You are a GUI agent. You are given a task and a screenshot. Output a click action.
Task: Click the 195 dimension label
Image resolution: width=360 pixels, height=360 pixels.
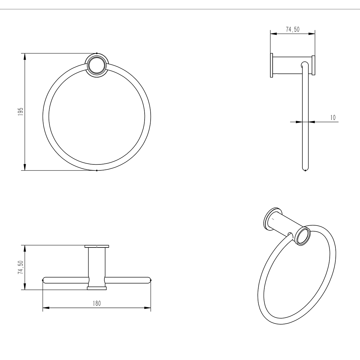tap(21, 112)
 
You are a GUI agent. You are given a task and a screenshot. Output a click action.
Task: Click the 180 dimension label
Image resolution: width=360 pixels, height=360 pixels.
tap(97, 303)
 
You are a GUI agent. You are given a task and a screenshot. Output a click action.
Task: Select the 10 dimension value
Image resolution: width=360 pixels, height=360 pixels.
tap(333, 118)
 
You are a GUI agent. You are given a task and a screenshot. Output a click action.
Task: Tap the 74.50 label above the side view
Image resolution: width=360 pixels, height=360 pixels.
tap(292, 29)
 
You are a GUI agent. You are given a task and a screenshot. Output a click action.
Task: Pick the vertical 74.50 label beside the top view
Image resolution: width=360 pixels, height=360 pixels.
tap(21, 267)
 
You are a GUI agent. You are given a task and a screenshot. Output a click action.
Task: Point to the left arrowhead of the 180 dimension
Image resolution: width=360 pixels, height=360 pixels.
tap(46, 308)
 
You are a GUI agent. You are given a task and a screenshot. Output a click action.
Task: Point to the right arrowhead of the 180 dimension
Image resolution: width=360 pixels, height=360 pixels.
tap(147, 308)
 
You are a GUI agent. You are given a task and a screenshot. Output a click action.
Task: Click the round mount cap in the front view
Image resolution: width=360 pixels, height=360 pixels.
tap(97, 65)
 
